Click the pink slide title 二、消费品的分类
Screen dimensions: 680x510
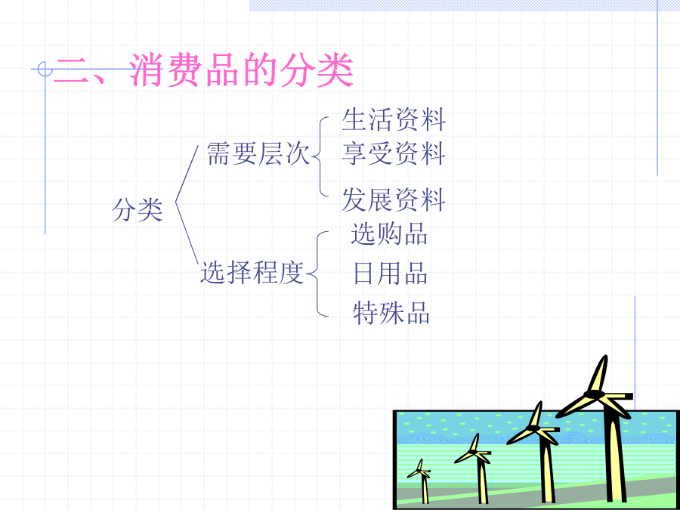coord(203,70)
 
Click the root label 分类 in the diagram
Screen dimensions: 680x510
coord(138,210)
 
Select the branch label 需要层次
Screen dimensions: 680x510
coord(258,153)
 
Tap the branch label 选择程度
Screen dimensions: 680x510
coord(252,272)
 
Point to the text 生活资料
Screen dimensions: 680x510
coord(394,119)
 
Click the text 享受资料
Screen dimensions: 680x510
coord(394,153)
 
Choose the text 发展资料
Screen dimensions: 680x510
coord(394,200)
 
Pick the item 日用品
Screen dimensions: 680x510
coord(391,274)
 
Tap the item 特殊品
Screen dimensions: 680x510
coord(391,313)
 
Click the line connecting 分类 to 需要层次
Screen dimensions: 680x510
coord(187,174)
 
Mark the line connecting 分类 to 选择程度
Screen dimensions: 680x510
coord(187,233)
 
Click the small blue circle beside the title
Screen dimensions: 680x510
coord(45,69)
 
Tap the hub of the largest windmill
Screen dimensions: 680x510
coord(593,394)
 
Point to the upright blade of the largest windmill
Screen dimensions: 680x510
coord(600,373)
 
